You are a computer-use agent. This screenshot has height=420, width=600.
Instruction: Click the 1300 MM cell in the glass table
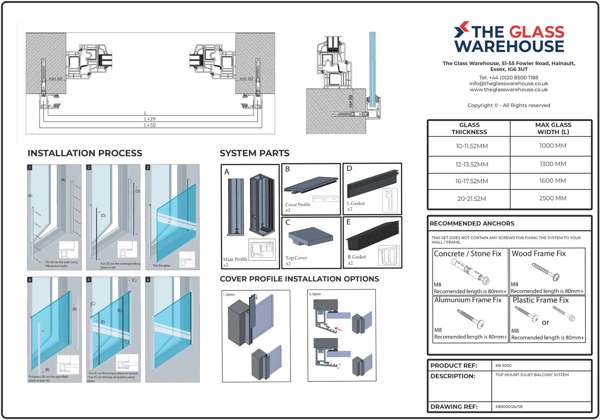tap(553, 164)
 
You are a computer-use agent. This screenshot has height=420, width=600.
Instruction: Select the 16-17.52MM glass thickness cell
tap(471, 181)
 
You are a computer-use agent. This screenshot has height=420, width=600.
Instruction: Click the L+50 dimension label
tap(150, 125)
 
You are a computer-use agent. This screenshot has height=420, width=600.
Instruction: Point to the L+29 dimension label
tap(150, 119)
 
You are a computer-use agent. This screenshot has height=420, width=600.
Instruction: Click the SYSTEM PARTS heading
tap(254, 153)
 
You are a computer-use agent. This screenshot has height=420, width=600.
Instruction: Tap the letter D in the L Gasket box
tap(349, 168)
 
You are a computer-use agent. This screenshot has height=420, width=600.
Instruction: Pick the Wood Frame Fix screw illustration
tap(546, 272)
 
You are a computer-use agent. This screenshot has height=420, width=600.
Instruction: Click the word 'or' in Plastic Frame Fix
tap(545, 322)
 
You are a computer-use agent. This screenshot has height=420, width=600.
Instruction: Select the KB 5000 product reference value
tap(503, 365)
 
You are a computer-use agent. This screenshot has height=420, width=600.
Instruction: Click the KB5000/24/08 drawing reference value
tap(509, 406)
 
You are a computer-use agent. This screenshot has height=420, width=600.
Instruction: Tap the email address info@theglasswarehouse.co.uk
tap(509, 83)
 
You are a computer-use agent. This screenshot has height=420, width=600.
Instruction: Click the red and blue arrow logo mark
tap(461, 30)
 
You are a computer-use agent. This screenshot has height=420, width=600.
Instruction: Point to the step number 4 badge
tap(30, 280)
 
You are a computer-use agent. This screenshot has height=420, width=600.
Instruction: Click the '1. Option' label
tap(229, 295)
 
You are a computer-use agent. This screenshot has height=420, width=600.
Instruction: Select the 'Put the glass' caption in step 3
tap(161, 265)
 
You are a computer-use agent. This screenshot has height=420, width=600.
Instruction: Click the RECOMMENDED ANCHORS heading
tap(472, 223)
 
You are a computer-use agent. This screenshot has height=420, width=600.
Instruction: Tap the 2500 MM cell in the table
tap(553, 198)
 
